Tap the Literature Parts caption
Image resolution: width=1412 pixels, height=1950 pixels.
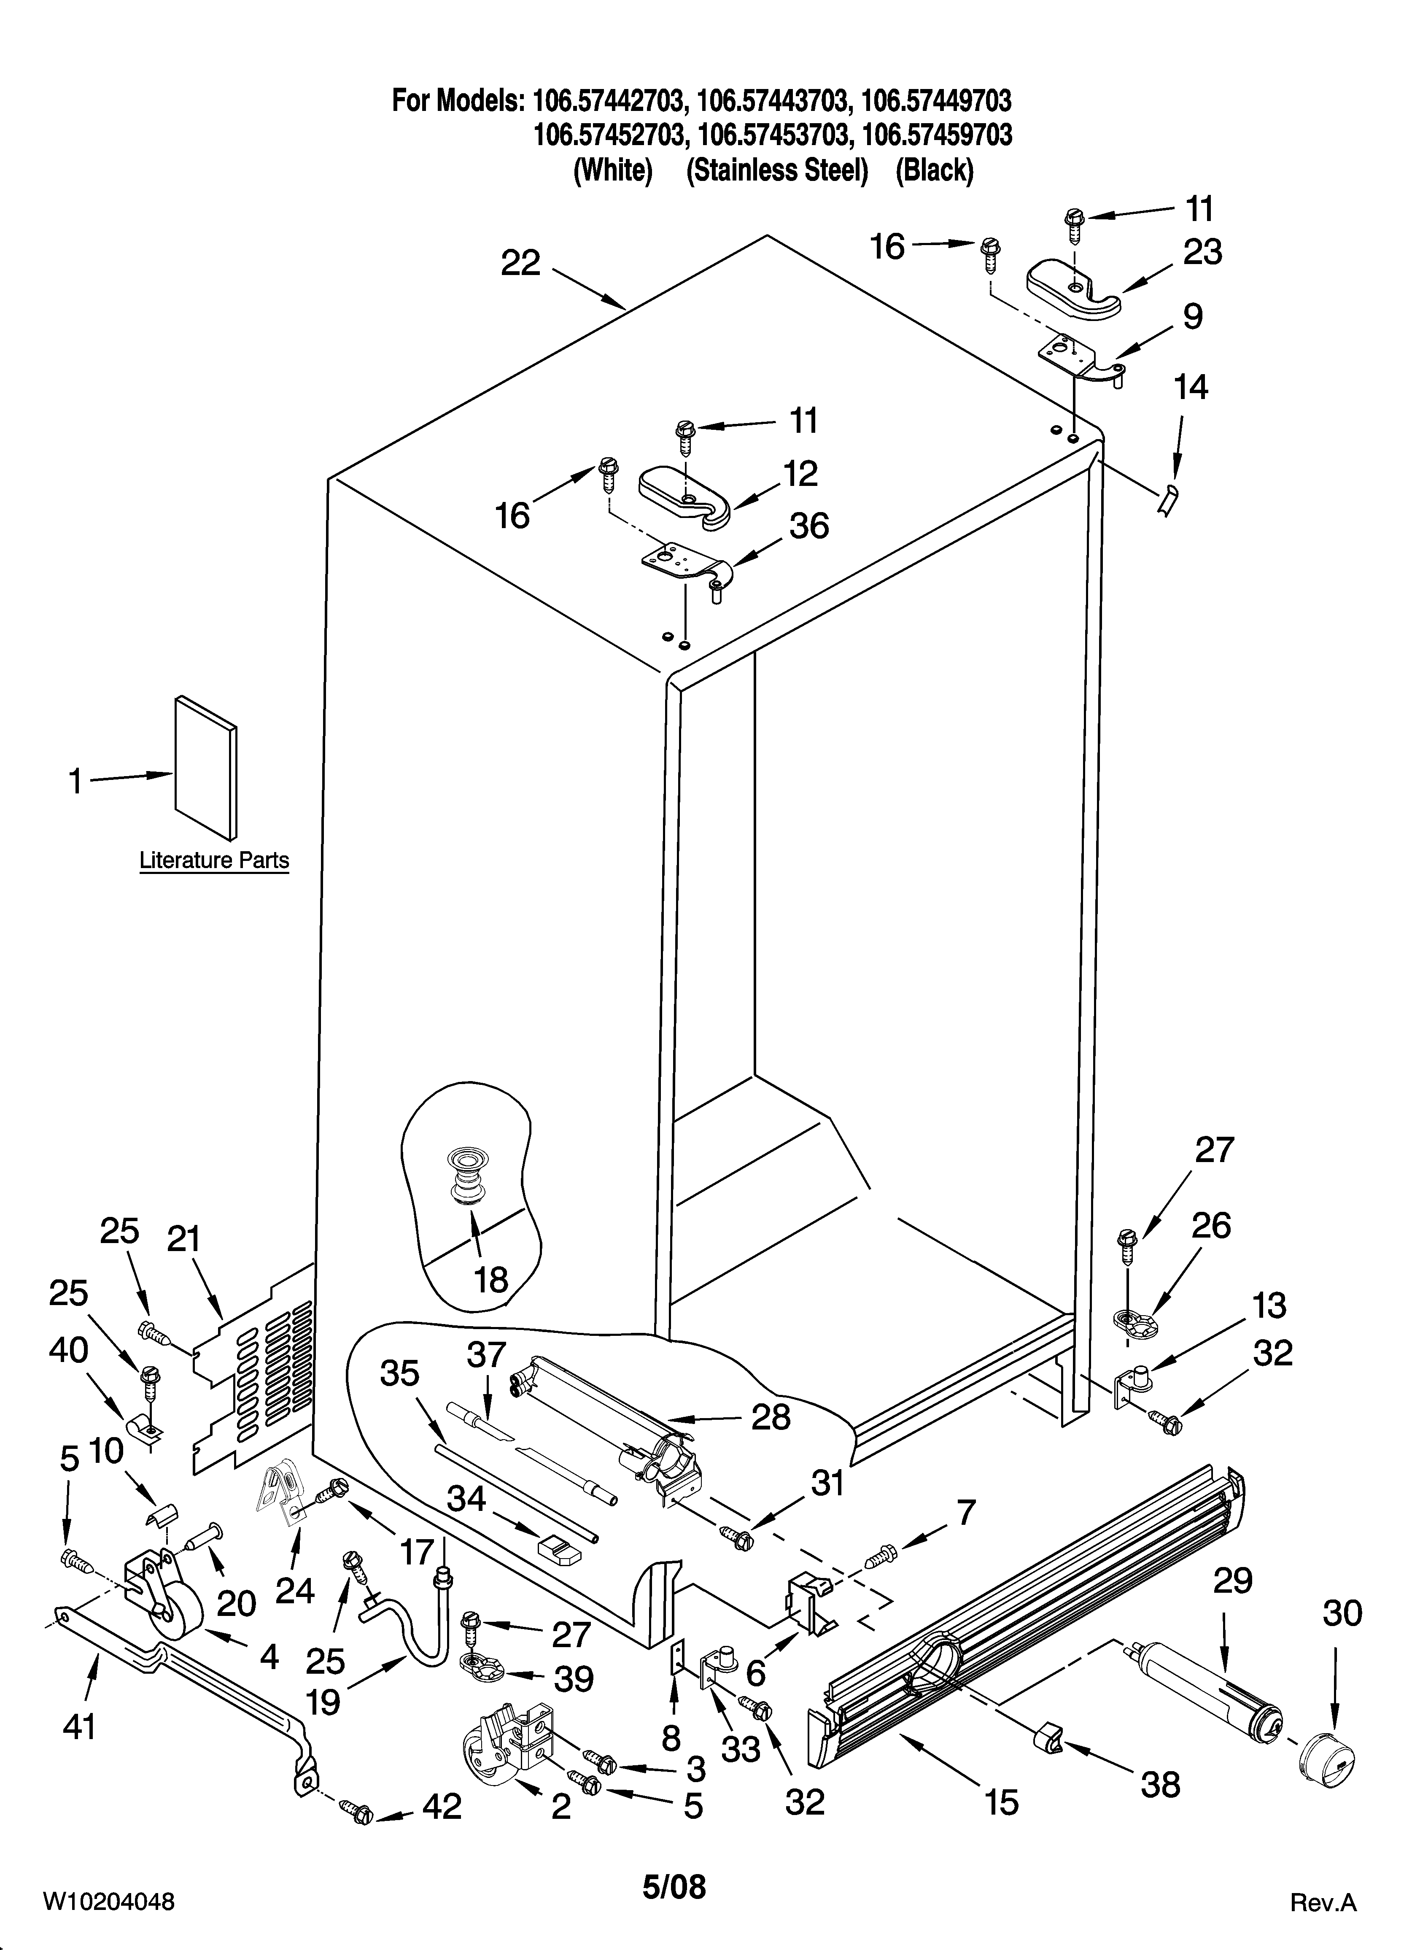(x=214, y=860)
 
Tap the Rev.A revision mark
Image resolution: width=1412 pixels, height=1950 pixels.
(x=1323, y=1897)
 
